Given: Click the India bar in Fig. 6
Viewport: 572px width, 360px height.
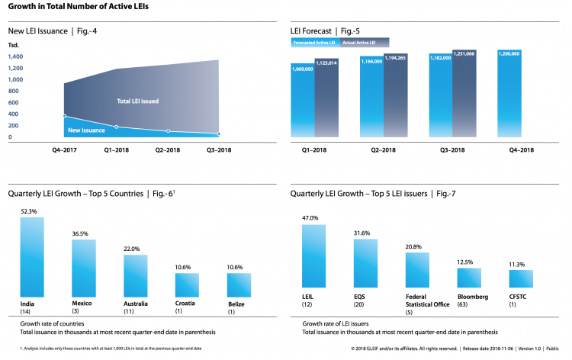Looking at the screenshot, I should point(32,257).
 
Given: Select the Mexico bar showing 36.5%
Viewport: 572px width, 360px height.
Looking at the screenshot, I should point(84,268).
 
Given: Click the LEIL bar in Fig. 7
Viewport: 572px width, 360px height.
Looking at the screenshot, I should point(314,260).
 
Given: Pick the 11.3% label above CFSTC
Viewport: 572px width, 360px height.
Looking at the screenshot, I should point(520,263).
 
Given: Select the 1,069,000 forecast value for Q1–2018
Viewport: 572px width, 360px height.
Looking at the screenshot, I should point(303,68).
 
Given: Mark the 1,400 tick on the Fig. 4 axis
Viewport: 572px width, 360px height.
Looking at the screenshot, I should point(15,68).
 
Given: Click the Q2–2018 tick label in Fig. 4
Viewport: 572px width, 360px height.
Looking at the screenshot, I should point(168,150).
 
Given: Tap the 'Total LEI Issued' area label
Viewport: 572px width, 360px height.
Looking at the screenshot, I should point(137,101).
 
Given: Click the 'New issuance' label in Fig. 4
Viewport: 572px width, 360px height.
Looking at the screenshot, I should point(85,130).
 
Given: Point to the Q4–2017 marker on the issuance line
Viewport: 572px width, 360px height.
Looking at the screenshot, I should point(65,116).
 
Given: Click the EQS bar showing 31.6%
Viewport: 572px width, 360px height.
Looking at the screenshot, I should point(366,265).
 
